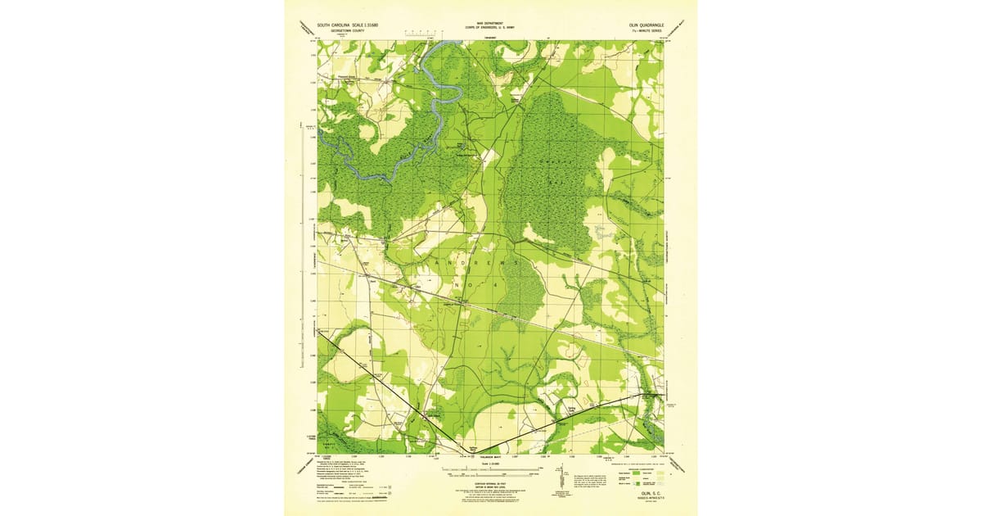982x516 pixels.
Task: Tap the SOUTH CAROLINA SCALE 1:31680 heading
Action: coord(348,25)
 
